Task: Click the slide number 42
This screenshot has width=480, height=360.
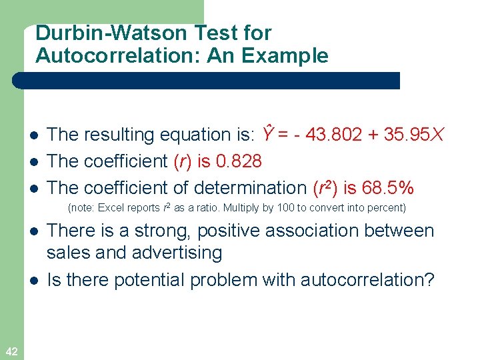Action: coord(11,351)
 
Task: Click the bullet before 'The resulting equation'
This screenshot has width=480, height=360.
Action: coord(33,135)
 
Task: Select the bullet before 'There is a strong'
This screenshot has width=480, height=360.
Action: coord(33,232)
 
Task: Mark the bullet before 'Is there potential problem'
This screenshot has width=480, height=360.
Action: coord(33,281)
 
